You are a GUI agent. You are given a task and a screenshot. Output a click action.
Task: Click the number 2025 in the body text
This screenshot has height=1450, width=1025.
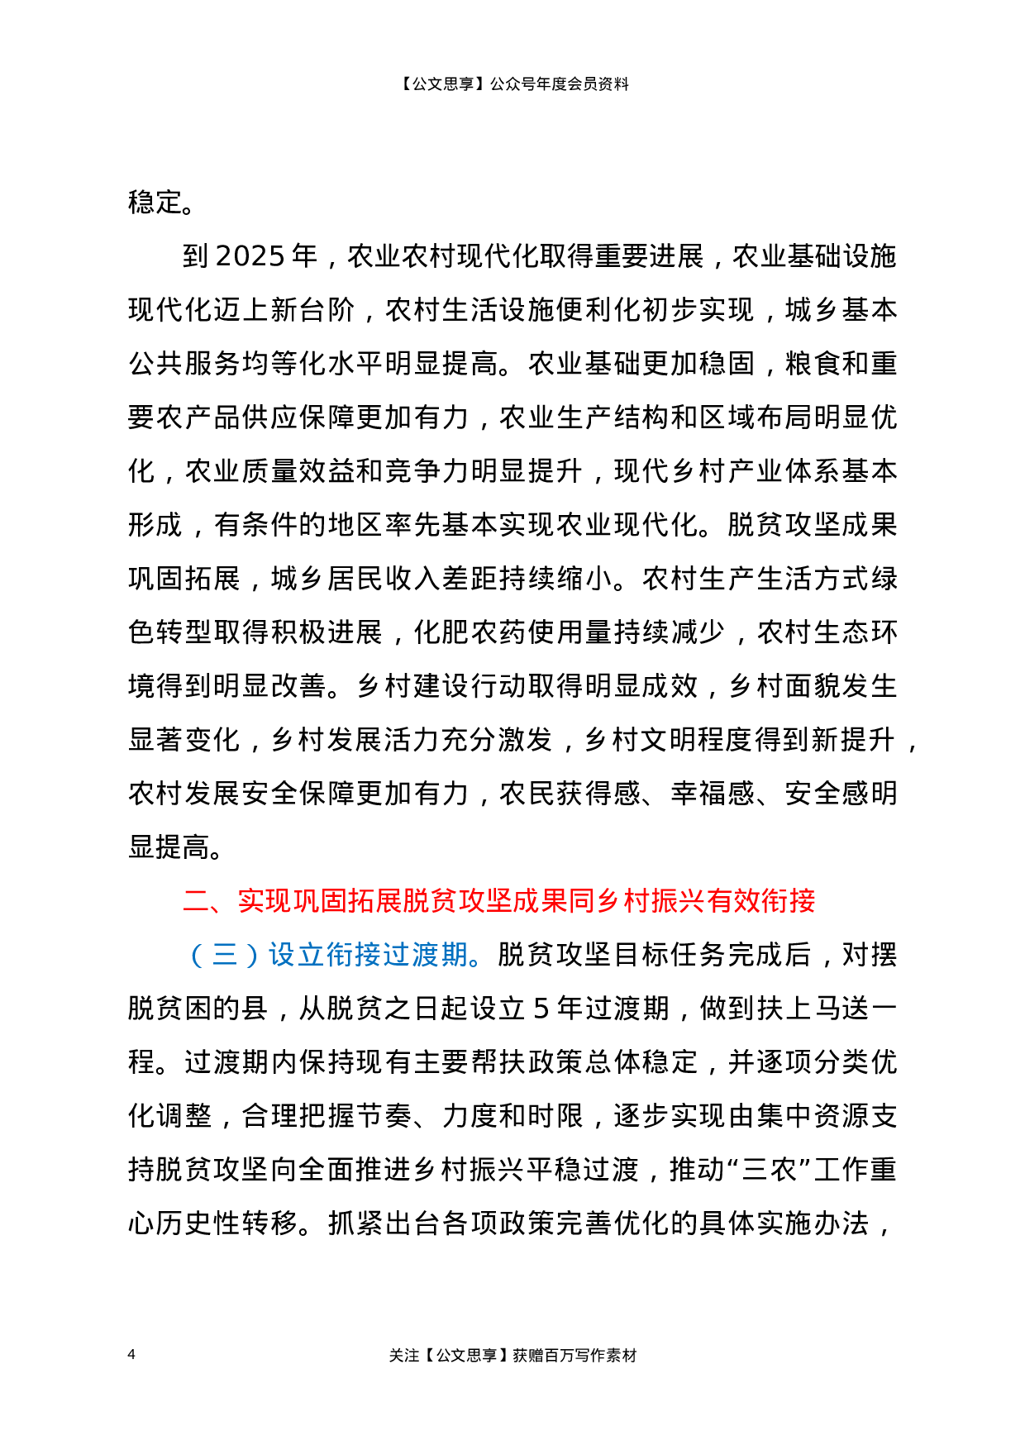250,256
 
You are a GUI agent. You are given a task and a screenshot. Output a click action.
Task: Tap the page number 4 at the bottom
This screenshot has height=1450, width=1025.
131,1354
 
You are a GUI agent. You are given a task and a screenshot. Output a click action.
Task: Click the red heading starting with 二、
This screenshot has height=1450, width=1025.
498,900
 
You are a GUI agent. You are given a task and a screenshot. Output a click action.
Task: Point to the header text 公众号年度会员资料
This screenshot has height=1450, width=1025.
560,83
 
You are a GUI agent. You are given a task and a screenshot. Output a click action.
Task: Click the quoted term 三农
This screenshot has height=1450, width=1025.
769,1170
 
